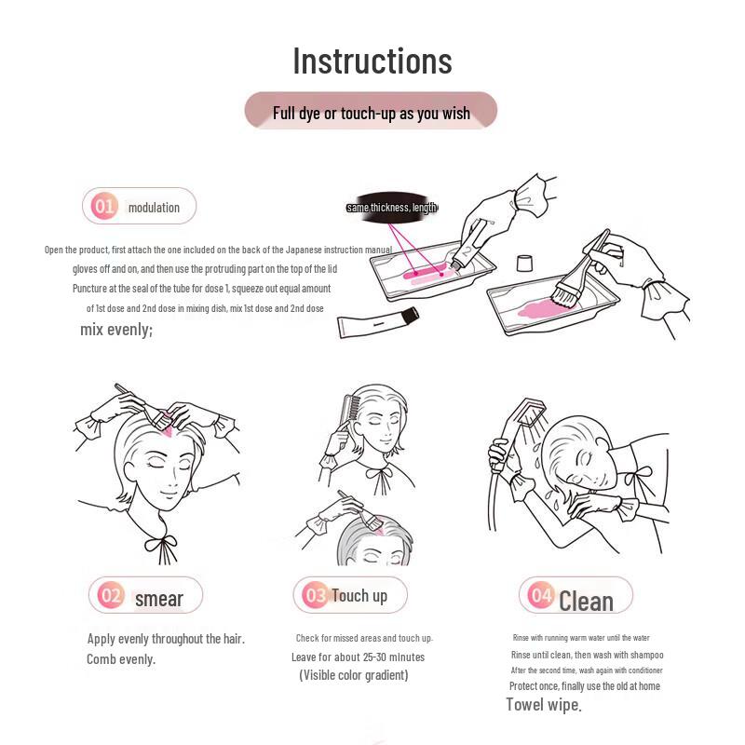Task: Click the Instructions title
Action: coord(372,61)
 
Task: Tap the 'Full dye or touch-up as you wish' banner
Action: coord(371,111)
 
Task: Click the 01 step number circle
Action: coord(104,206)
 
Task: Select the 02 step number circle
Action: coord(111,595)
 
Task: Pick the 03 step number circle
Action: coord(316,595)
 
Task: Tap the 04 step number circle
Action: coord(541,595)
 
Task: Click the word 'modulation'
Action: coord(154,208)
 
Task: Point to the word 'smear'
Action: coord(159,599)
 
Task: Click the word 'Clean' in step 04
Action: coord(586,602)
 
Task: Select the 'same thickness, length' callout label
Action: coord(391,207)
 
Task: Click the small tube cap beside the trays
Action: coord(524,263)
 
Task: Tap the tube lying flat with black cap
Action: coord(378,322)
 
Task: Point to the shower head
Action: coord(530,412)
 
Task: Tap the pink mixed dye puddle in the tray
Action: coord(543,310)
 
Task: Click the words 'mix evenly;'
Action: coord(116,330)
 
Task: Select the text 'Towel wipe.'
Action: coord(544,705)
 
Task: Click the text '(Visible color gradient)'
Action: coord(354,675)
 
